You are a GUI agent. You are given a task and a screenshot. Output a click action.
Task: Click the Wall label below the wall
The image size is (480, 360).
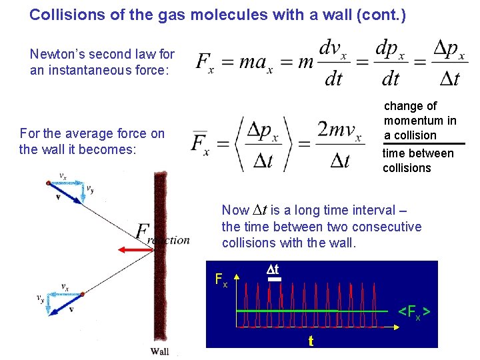pos(159,351)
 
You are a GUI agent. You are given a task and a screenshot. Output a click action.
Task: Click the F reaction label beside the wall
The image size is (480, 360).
pos(163,235)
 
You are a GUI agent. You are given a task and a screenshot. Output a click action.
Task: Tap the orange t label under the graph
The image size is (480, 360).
pos(311,341)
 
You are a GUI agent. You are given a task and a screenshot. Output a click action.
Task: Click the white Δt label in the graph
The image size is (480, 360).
pos(272,269)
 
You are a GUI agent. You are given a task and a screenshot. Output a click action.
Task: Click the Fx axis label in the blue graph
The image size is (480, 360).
pos(221,279)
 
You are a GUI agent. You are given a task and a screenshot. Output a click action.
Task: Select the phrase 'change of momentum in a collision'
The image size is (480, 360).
pos(419,121)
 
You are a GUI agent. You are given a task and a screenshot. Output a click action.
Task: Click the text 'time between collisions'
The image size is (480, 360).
pos(417,161)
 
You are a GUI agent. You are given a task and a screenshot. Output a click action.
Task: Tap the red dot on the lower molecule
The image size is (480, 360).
pos(81,293)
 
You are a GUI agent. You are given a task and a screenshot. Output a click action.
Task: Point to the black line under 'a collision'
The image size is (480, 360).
pos(423,143)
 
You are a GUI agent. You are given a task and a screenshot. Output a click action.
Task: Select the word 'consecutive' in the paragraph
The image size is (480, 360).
pos(389,227)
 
